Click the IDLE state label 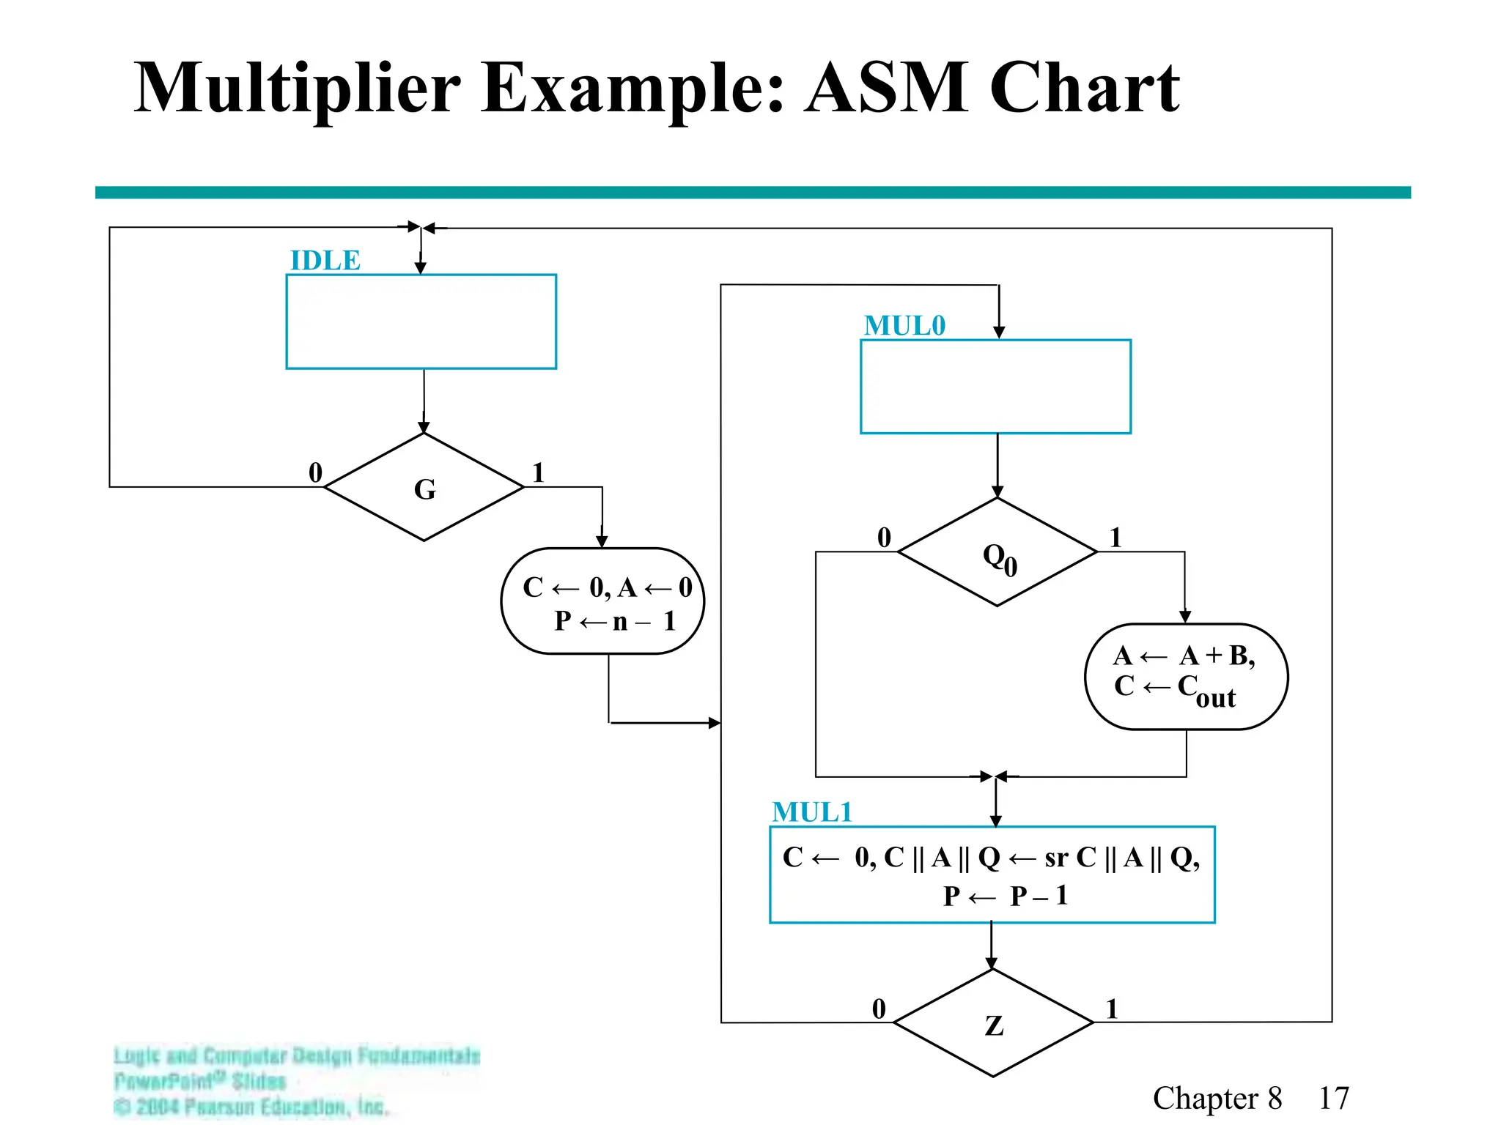point(325,261)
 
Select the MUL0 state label point(904,326)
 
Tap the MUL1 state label point(812,812)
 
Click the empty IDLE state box point(421,322)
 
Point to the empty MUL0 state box point(995,387)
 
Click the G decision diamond point(424,488)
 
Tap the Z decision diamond point(993,1023)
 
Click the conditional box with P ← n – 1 point(602,601)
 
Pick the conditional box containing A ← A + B point(1186,677)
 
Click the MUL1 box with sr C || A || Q point(992,875)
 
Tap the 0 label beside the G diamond point(315,472)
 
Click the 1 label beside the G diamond point(538,472)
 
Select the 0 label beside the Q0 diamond point(884,538)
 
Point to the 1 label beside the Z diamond point(1112,1009)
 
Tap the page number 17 point(1333,1098)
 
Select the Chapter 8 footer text point(1217,1098)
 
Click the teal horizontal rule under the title point(753,193)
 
